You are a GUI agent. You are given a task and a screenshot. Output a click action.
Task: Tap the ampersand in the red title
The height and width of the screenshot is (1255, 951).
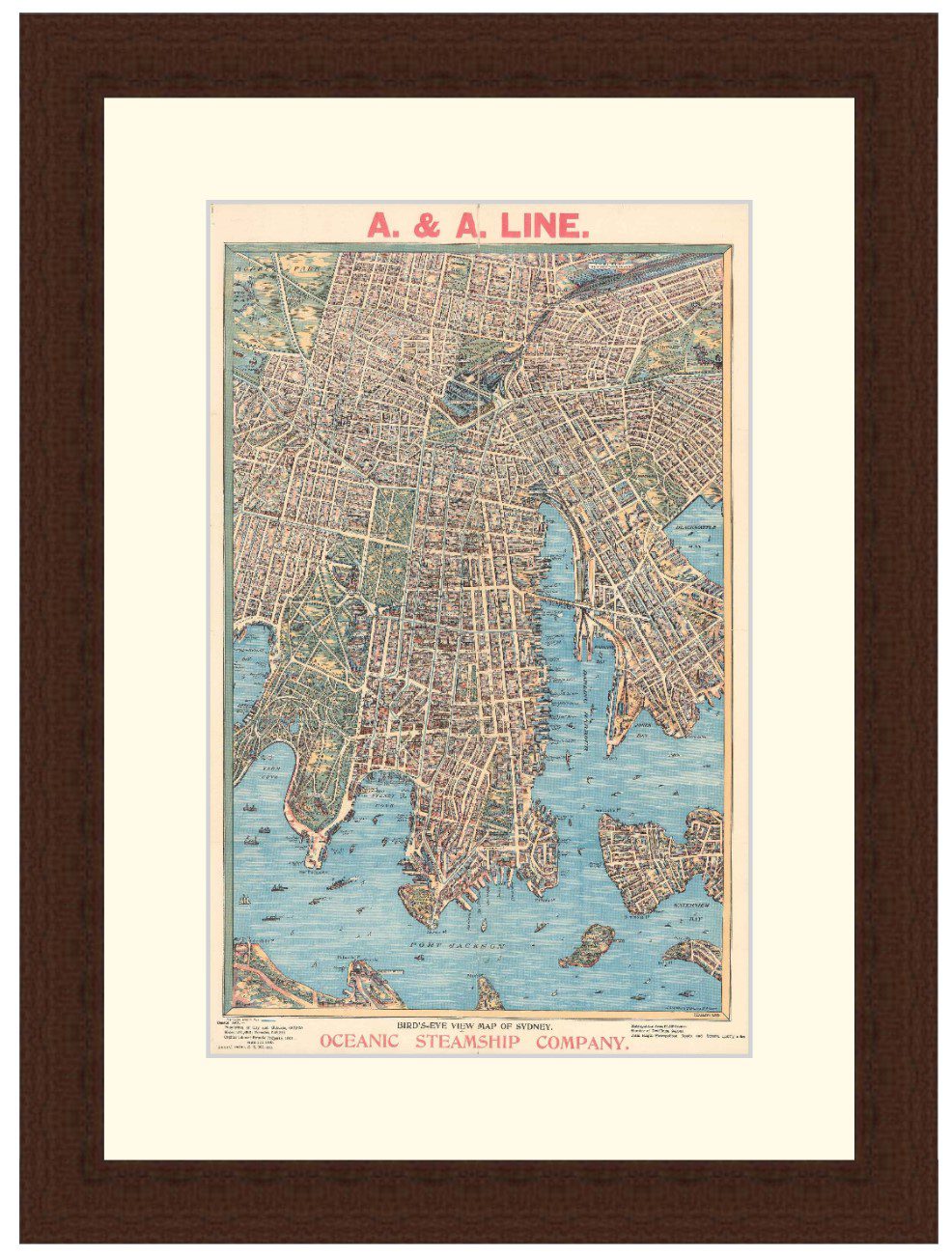428,225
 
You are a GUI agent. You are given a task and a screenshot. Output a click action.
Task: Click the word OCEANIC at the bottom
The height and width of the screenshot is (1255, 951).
358,1042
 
